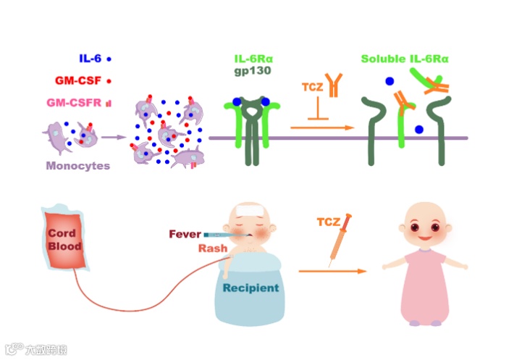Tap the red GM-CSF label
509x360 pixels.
[77, 80]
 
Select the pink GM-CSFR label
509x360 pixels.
[72, 103]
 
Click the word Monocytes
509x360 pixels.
[78, 166]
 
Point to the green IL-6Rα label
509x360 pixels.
[253, 59]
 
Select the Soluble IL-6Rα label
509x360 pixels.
[404, 57]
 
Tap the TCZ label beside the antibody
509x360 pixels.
[312, 88]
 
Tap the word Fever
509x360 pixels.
[185, 234]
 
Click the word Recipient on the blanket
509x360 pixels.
[250, 288]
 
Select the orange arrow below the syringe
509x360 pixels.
[333, 271]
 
